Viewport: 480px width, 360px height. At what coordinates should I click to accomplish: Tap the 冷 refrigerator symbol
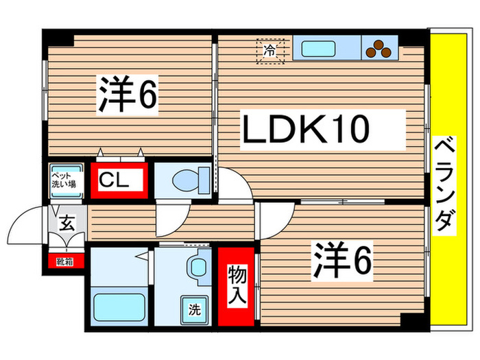pos(271,50)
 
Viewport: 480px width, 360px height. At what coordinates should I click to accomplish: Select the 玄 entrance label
pos(67,222)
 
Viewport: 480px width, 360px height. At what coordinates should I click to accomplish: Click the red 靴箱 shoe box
pos(66,261)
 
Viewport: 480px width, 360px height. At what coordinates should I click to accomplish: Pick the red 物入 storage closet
pos(237,287)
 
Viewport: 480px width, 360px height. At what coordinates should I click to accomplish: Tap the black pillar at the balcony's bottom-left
pos(413,320)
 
